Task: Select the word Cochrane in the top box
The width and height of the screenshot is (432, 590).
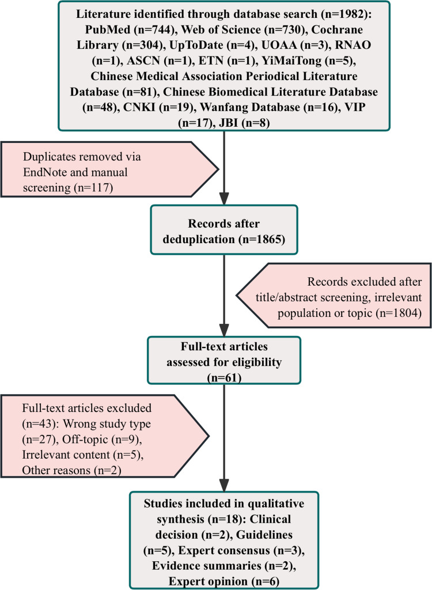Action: pos(337,29)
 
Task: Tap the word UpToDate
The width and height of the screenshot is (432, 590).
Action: pos(196,45)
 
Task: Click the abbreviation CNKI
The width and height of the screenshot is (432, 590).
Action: pos(139,107)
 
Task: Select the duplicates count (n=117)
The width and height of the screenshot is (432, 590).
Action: pos(93,187)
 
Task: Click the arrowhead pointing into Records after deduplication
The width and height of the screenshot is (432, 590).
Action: pos(224,199)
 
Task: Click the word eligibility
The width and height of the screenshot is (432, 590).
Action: pos(257,362)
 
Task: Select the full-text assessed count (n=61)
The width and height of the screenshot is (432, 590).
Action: pos(224,378)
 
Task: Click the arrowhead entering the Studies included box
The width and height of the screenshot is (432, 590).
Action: pos(224,486)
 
